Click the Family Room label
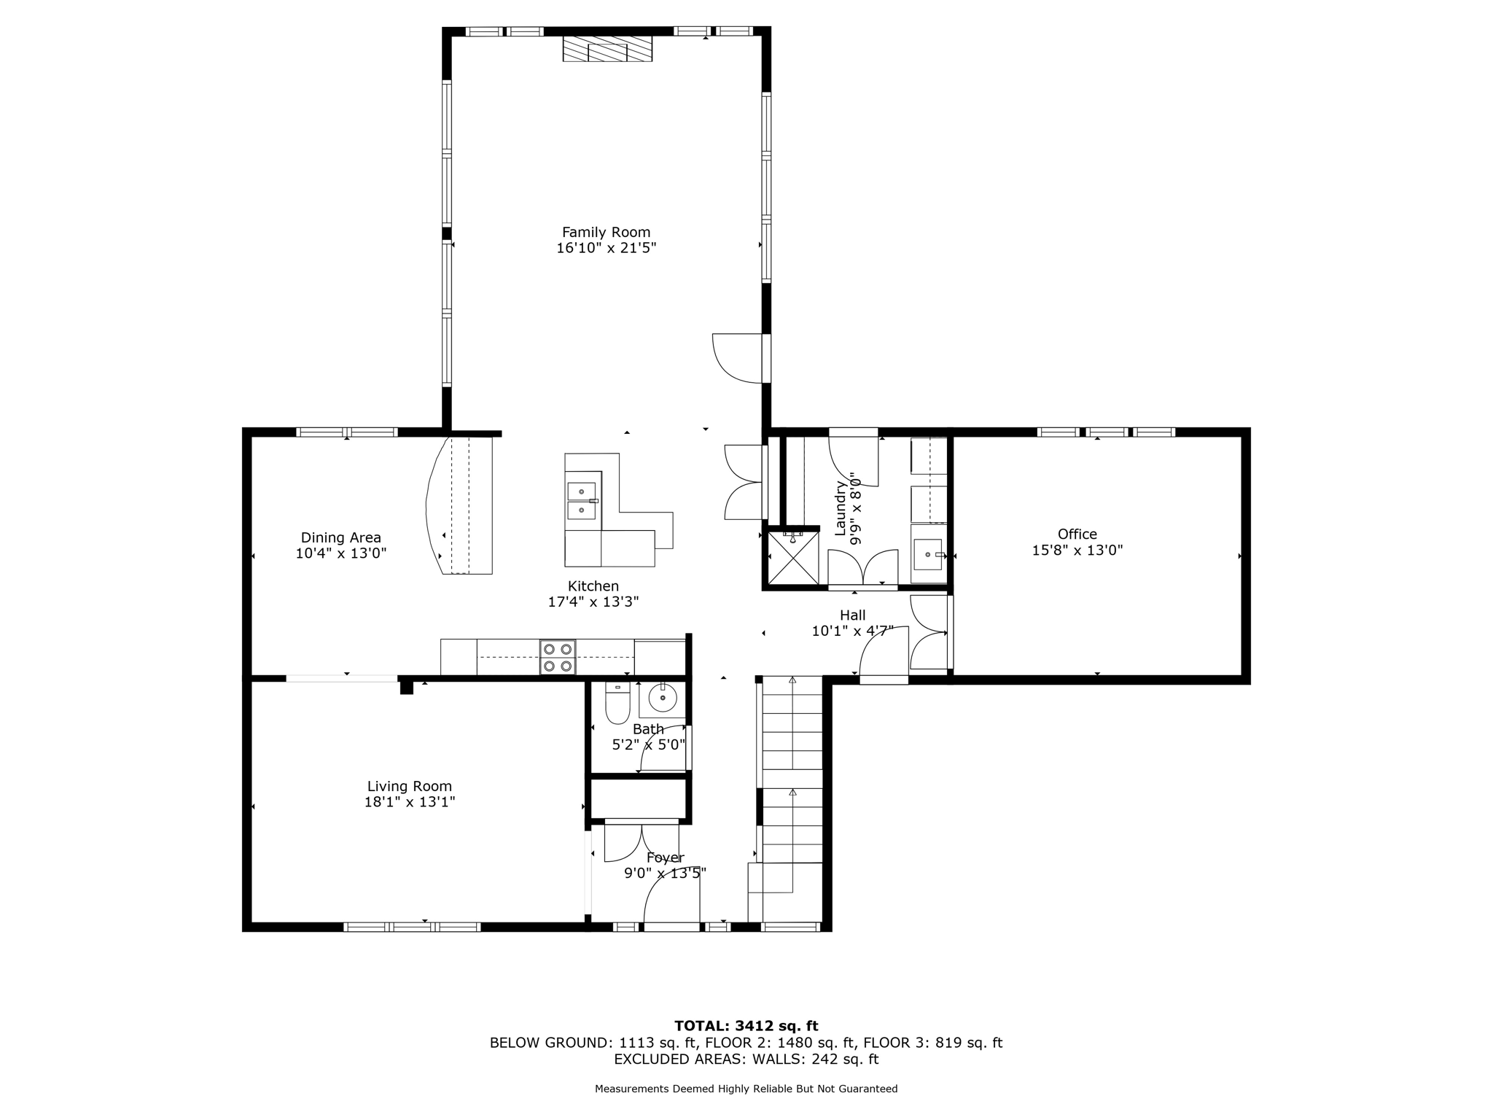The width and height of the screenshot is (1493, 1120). pyautogui.click(x=606, y=233)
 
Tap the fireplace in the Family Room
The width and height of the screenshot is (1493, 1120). pyautogui.click(x=607, y=50)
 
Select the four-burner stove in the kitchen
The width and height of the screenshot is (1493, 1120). pyautogui.click(x=558, y=657)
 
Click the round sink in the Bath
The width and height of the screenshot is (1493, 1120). pyautogui.click(x=663, y=698)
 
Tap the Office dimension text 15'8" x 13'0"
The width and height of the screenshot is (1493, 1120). pyautogui.click(x=1077, y=551)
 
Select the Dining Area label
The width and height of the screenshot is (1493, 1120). pyautogui.click(x=340, y=538)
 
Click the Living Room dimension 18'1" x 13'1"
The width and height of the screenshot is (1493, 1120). pyautogui.click(x=410, y=802)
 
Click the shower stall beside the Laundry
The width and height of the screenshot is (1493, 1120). pyautogui.click(x=793, y=559)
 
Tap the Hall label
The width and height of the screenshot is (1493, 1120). pyautogui.click(x=852, y=615)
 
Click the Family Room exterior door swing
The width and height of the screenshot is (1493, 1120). pyautogui.click(x=738, y=358)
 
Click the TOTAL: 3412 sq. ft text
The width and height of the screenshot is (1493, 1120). pyautogui.click(x=746, y=1027)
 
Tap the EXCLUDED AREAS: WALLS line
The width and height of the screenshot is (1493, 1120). pyautogui.click(x=746, y=1059)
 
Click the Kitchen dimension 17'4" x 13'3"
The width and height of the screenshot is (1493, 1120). pyautogui.click(x=593, y=602)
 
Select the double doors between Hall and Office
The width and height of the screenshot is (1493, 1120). pyautogui.click(x=929, y=632)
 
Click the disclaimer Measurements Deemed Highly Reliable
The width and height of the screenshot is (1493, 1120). pyautogui.click(x=746, y=1089)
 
